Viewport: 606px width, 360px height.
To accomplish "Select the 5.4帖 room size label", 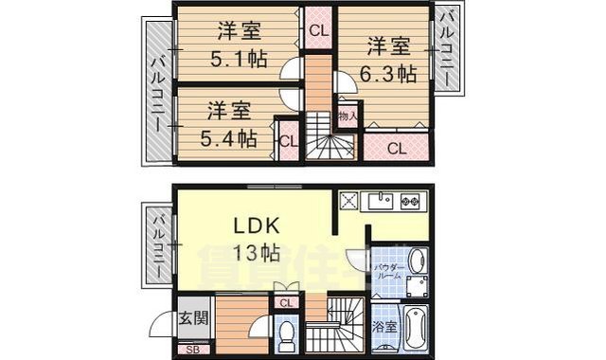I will tap(228, 137).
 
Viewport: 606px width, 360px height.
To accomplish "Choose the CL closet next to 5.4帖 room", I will tap(287, 141).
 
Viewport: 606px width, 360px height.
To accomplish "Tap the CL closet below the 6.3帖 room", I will tap(395, 147).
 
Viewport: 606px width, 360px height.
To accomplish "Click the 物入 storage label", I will tap(348, 116).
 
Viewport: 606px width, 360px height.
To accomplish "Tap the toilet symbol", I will tap(287, 332).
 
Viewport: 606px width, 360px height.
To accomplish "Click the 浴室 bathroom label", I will tap(384, 327).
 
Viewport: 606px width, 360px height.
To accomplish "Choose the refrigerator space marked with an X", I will tap(348, 201).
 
